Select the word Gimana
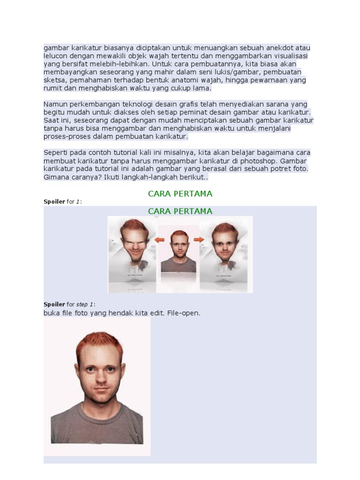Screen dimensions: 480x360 [57, 177]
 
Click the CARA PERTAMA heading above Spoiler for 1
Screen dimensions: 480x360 [180, 194]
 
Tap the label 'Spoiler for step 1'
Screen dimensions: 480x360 [69, 305]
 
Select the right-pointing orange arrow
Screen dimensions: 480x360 [199, 240]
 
